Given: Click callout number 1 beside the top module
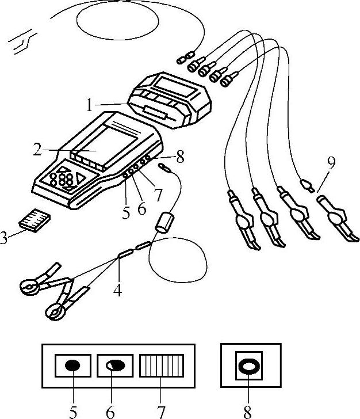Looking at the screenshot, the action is (x=90, y=106).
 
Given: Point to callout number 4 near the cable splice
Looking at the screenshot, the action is (x=117, y=291).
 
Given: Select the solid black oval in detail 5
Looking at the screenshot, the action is (x=72, y=365).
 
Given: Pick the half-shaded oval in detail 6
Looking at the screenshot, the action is (x=115, y=365).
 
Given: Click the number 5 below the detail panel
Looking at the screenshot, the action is (x=72, y=411).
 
